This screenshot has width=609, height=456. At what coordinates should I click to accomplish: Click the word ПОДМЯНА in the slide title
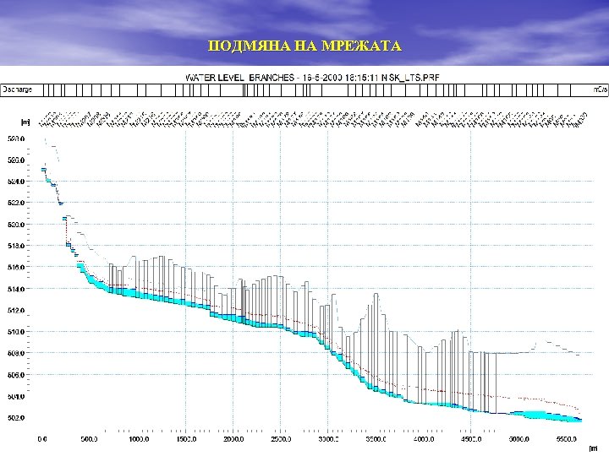pos(242,46)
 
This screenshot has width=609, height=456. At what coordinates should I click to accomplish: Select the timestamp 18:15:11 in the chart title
pos(357,77)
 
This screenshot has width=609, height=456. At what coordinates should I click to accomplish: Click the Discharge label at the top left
pos(17,88)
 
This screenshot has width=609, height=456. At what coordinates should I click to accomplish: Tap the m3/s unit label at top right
pos(600,88)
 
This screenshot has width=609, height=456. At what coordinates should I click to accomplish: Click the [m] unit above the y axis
pos(25,122)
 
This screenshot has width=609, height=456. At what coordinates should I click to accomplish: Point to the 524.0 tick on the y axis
pos(16,182)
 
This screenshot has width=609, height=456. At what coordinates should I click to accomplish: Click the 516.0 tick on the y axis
pos(16,268)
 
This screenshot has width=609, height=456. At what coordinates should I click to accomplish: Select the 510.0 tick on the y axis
pos(16,332)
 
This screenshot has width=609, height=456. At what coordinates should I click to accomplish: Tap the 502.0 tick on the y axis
pos(16,418)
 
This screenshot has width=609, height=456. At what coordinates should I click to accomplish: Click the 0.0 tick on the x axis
pos(42,439)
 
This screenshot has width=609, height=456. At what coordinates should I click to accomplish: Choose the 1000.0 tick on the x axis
pos(138,439)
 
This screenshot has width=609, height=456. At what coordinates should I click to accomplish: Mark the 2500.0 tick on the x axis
pos(281,439)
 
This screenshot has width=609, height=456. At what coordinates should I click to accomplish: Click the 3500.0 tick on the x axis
pos(376,439)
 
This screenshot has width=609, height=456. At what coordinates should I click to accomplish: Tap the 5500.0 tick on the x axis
pos(567,439)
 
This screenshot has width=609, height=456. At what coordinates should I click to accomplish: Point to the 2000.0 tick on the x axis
pos(233,439)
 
